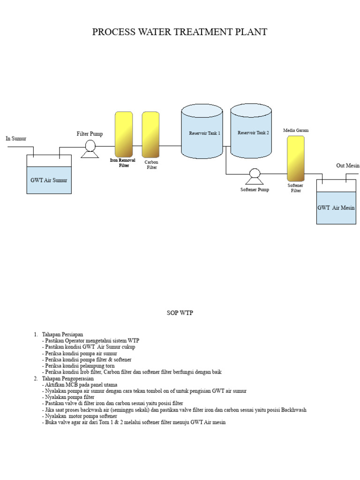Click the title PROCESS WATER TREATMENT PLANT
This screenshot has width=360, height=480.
(180, 32)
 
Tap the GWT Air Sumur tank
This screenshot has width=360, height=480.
(49, 180)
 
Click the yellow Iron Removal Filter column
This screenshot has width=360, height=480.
(124, 134)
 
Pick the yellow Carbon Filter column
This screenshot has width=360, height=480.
(151, 134)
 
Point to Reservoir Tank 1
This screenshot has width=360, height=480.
(202, 133)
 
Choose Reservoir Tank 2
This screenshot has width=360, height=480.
(251, 133)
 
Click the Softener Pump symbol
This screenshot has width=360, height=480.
(255, 174)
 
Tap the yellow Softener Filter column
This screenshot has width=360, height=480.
(296, 158)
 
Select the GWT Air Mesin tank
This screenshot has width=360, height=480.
(336, 207)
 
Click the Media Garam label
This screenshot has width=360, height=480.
(296, 130)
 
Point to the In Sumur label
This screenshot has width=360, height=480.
(16, 139)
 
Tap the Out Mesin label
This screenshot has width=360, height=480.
(347, 165)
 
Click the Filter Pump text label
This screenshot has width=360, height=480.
(90, 134)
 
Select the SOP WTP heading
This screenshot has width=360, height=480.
(180, 313)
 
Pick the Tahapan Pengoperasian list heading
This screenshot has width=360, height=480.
(67, 378)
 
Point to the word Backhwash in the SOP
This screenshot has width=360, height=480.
(293, 410)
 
